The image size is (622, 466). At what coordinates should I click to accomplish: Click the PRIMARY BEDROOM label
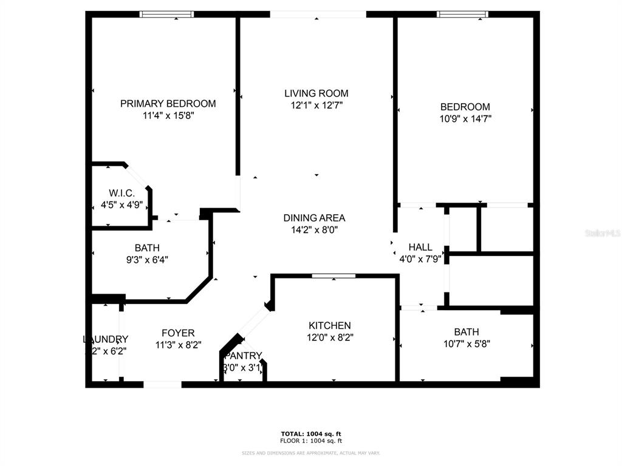coord(168,104)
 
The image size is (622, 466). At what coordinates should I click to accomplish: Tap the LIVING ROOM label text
coord(316,93)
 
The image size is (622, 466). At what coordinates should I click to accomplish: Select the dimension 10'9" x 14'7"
coord(465,119)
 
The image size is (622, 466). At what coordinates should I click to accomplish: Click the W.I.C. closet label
coord(121,193)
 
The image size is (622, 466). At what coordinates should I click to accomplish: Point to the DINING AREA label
coord(314,218)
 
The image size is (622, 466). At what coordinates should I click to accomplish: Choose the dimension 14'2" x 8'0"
coord(314,230)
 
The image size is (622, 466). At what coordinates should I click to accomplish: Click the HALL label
coord(420,247)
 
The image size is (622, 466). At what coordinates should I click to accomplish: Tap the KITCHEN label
coord(329,326)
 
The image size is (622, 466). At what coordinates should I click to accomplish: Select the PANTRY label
coord(244,356)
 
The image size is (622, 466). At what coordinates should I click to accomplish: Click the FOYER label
coord(178,333)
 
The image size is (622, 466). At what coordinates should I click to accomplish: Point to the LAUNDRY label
coord(106,339)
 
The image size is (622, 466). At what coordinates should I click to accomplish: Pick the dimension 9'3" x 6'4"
coord(147,260)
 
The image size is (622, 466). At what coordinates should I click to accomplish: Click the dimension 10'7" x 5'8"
coord(466,343)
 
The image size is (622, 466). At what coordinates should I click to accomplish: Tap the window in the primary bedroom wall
coord(167,14)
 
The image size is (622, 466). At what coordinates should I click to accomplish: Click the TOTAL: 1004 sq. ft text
coord(311,434)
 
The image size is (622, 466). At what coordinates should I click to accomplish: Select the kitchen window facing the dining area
coord(333,276)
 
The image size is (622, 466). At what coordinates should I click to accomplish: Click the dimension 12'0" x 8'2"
coord(329,338)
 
